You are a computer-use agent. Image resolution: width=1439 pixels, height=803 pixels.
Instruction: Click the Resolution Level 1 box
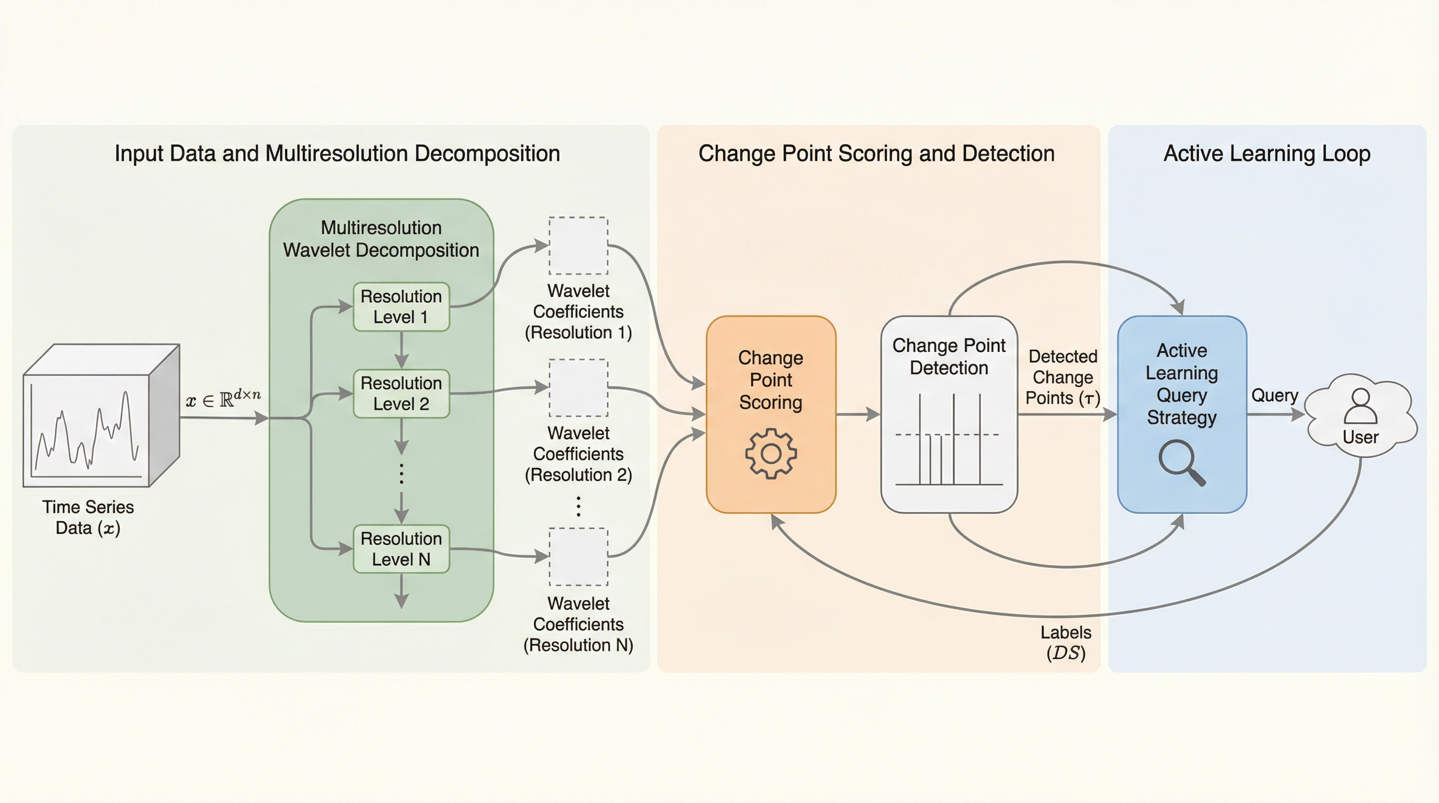click(x=401, y=306)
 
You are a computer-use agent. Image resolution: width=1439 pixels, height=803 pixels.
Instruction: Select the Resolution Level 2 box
click(x=401, y=394)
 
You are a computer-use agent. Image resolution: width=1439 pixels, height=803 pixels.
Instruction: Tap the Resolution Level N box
click(x=401, y=549)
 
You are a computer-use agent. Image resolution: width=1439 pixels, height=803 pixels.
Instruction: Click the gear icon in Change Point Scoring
click(x=771, y=453)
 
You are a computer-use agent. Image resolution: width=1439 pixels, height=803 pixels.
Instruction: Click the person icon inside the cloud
click(x=1360, y=406)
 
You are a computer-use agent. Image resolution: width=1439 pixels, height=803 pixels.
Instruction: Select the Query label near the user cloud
click(x=1274, y=395)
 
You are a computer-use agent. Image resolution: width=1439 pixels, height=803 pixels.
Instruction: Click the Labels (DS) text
click(x=1065, y=642)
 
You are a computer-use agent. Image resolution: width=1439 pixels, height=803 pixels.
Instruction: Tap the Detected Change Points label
click(x=1063, y=377)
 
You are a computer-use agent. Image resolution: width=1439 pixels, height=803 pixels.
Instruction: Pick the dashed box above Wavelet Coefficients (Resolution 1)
click(x=578, y=246)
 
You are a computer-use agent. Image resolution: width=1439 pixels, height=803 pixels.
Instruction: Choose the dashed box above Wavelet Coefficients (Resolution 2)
click(x=578, y=387)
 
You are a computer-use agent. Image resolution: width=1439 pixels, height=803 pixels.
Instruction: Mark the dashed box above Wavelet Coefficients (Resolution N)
click(x=578, y=557)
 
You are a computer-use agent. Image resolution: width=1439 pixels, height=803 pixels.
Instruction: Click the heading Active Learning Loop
click(x=1266, y=154)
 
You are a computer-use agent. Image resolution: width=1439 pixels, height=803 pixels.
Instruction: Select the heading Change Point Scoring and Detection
click(x=876, y=154)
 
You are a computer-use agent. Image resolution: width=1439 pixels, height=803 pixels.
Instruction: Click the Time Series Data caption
click(x=88, y=517)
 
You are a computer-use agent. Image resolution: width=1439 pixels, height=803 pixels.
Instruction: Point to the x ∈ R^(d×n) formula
click(x=223, y=399)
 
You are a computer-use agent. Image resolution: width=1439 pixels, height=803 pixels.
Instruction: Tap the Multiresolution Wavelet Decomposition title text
click(x=381, y=239)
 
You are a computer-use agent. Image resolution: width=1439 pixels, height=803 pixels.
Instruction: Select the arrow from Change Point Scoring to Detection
click(x=858, y=415)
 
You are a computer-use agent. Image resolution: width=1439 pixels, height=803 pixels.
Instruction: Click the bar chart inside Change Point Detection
click(x=949, y=441)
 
